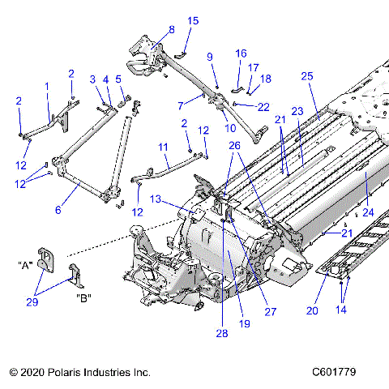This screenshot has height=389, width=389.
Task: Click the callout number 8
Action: [171, 30]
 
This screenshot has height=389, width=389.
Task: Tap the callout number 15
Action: [193, 20]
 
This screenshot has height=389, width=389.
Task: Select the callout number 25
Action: [306, 75]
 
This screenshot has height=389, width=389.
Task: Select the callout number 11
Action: [162, 147]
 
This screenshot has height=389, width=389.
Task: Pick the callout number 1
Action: [47, 86]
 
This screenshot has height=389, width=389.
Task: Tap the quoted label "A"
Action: [24, 264]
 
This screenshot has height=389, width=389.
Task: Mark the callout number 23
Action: [297, 111]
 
